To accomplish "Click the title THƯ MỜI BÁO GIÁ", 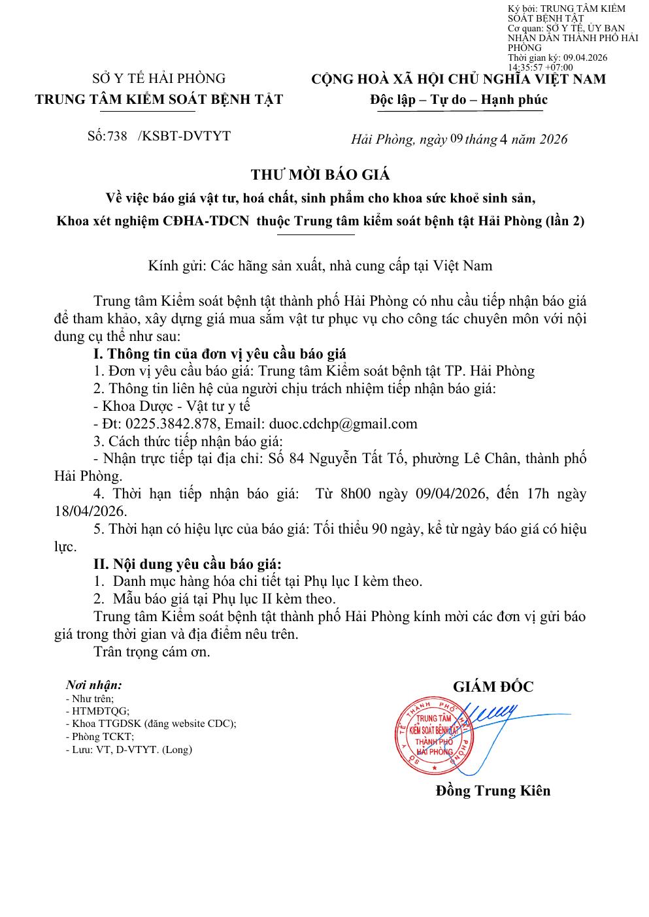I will (x=320, y=174).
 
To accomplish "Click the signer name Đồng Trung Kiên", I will (x=493, y=790).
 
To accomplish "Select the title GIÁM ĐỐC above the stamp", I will (x=493, y=686).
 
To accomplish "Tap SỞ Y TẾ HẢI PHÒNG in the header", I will (x=159, y=79).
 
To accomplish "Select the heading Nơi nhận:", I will (x=93, y=685).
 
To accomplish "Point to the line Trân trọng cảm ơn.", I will (x=152, y=651).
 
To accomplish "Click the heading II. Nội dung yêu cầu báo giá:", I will (x=188, y=564).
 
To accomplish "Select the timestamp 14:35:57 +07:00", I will (x=540, y=67).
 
